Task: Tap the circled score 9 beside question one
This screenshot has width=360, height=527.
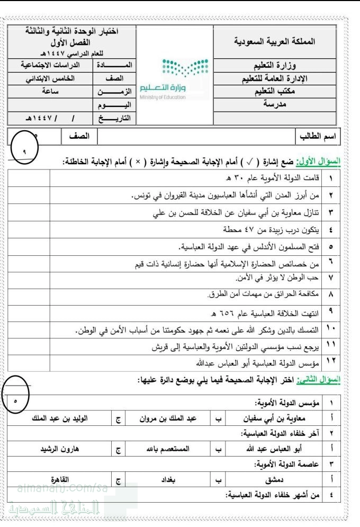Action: coord(24,151)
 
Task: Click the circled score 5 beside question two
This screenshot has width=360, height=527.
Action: coord(16,400)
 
